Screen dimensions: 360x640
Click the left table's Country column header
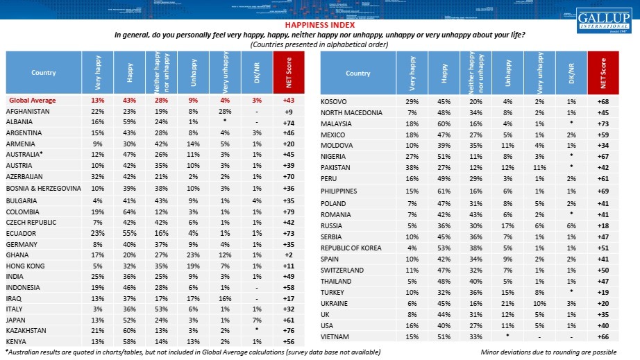[x=44, y=73]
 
